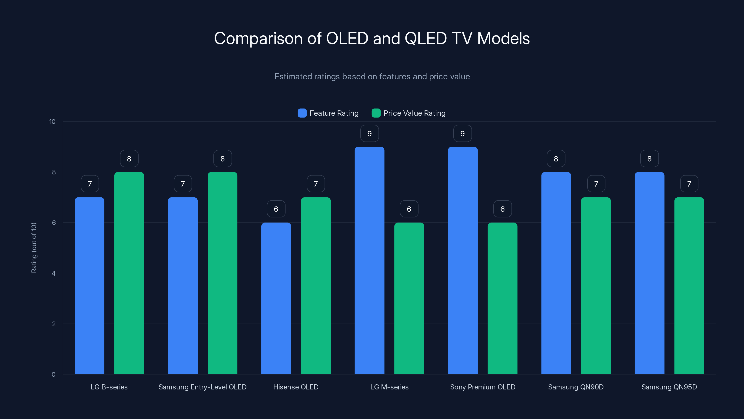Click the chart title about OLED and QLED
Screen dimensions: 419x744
click(x=372, y=38)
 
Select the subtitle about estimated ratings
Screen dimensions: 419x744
click(x=372, y=77)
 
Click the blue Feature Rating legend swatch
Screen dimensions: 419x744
click(x=302, y=113)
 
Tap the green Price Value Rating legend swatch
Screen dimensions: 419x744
click(x=376, y=113)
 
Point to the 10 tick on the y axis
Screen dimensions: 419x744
click(x=52, y=122)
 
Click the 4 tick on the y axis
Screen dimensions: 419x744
click(x=53, y=273)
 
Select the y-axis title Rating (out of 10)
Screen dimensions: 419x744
click(x=34, y=247)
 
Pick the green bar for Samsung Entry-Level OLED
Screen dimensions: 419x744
click(x=223, y=273)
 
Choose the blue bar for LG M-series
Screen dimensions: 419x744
click(x=369, y=260)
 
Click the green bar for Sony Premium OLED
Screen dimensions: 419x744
click(x=502, y=298)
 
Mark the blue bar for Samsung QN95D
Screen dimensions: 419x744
click(x=649, y=273)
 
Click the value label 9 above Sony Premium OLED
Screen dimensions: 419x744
click(x=462, y=134)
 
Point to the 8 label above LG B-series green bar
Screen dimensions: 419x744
click(x=129, y=159)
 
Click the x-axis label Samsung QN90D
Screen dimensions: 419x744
click(x=576, y=387)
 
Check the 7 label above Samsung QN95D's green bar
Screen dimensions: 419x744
click(x=689, y=184)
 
